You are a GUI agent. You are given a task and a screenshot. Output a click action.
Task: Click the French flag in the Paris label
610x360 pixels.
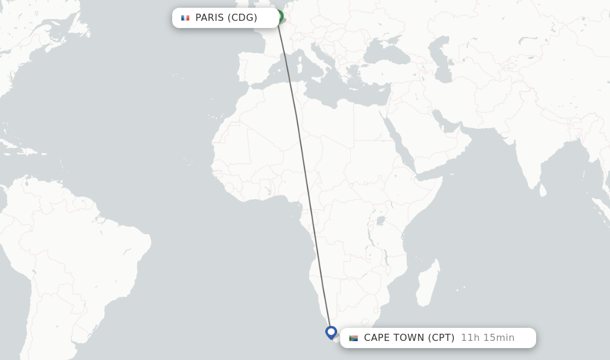185,18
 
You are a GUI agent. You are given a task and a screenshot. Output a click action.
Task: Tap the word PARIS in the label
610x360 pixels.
209,18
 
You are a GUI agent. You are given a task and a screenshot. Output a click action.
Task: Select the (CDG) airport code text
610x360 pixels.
242,18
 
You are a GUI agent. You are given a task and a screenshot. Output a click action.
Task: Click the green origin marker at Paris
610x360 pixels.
279,15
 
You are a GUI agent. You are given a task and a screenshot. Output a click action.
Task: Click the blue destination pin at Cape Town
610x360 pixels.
331,331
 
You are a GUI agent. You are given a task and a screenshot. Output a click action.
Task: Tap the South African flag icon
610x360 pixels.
353,338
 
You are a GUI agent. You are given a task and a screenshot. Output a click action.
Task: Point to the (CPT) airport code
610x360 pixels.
441,338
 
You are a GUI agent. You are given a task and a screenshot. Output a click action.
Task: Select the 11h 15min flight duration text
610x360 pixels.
487,338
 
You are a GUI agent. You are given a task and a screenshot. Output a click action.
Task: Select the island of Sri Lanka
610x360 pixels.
543,191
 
